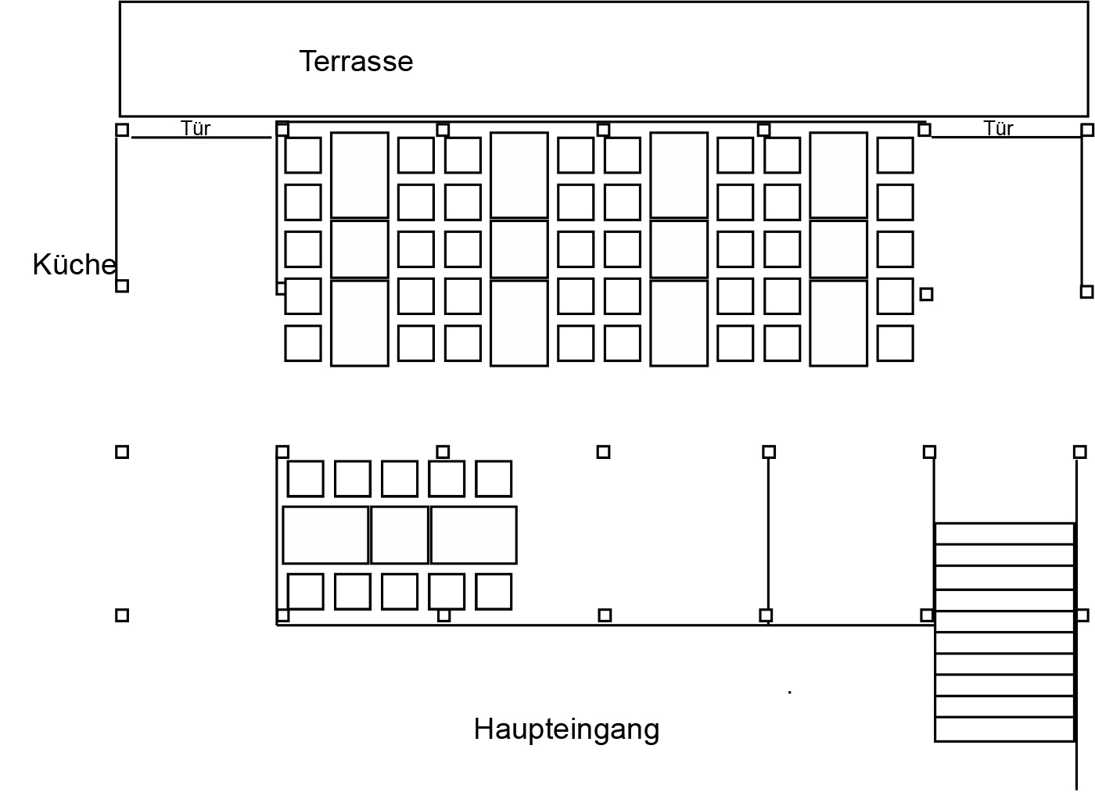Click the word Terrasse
point(356,61)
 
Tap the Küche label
point(74,264)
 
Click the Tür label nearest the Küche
point(196,128)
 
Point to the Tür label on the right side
point(998,128)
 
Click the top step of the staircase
point(1004,533)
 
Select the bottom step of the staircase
point(1004,730)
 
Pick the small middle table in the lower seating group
point(400,535)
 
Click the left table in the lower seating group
point(325,535)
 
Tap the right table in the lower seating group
point(474,535)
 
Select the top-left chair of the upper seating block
point(303,156)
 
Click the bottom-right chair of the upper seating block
point(895,343)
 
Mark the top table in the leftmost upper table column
point(360,175)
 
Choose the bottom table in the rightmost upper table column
point(838,324)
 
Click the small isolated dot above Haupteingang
point(789,692)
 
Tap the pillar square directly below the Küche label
point(122,286)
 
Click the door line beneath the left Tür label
point(202,138)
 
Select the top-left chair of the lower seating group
point(306,478)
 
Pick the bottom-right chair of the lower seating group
point(494,592)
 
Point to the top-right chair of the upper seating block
point(895,156)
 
